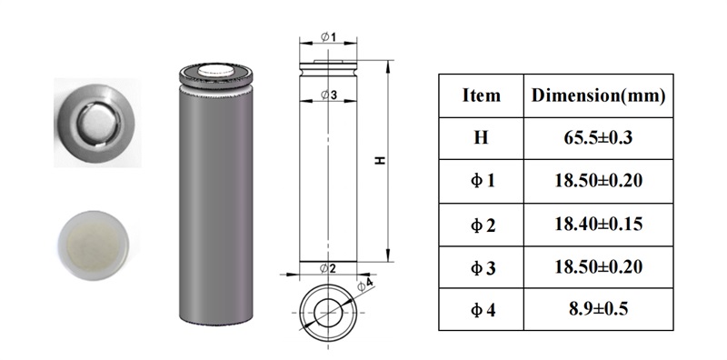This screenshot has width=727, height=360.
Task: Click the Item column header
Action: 482,95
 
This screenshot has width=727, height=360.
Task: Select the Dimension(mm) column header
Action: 598,95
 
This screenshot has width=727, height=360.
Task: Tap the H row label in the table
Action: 482,138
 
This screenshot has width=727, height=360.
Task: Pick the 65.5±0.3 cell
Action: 598,138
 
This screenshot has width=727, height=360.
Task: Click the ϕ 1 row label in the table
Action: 483,181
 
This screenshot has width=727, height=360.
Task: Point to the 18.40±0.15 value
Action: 598,224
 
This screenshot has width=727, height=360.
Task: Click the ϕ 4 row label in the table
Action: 483,309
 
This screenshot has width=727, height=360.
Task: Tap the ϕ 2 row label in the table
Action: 483,225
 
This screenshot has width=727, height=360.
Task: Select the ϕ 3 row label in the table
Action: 483,267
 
